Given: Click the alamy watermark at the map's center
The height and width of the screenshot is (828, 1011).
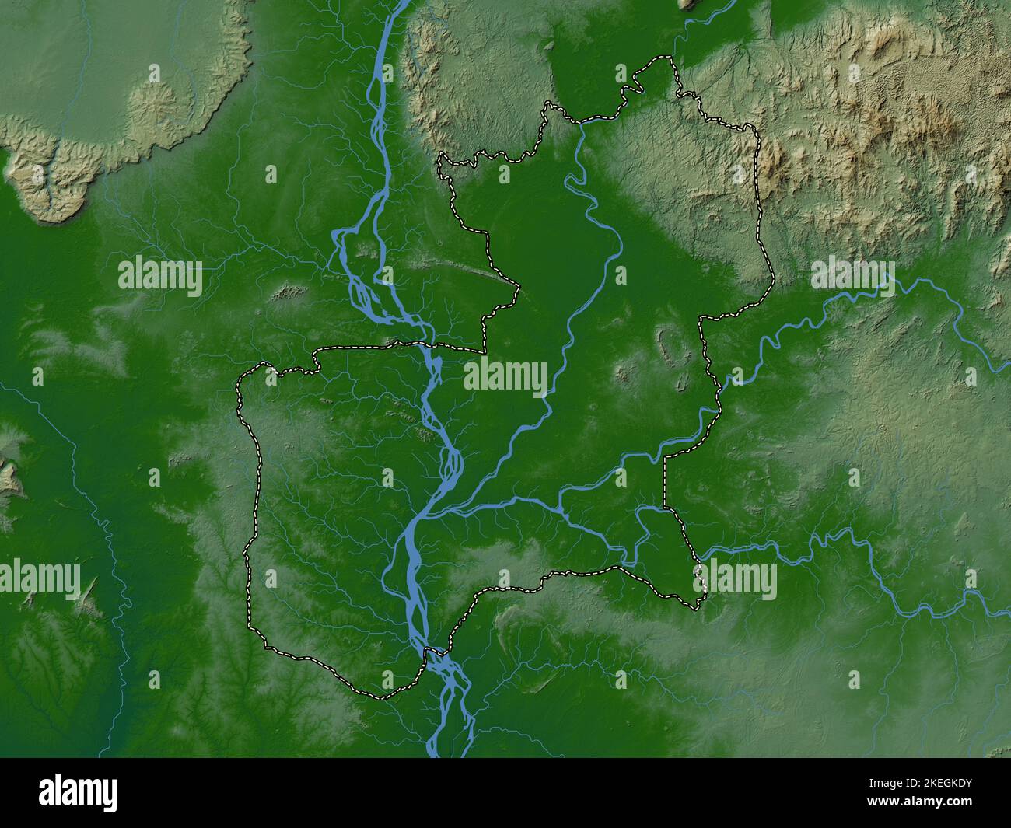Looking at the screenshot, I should (x=505, y=376).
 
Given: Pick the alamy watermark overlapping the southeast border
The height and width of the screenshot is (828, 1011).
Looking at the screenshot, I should (x=735, y=579).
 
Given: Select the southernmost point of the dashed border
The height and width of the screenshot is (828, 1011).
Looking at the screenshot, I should (x=381, y=697).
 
